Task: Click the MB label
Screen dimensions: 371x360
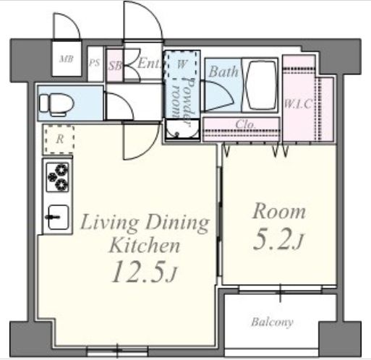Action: tap(67, 59)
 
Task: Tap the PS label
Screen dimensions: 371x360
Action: tap(94, 63)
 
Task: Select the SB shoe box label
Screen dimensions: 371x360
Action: tap(114, 66)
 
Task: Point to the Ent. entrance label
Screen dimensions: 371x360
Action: tap(149, 64)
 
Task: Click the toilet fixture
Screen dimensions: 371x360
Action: tap(57, 105)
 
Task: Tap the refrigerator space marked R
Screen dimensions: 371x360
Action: tap(59, 139)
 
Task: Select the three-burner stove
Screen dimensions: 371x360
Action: tap(57, 177)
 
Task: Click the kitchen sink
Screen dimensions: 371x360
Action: tap(58, 217)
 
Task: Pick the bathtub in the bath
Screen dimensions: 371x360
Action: tap(260, 85)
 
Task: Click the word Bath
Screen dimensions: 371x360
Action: tap(223, 72)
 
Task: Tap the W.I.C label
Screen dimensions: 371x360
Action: tap(299, 104)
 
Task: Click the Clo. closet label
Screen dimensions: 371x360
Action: tap(245, 124)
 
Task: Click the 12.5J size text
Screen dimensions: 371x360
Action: tap(144, 272)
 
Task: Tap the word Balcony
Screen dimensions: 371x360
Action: tap(272, 322)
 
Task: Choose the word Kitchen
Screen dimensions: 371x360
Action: tap(145, 245)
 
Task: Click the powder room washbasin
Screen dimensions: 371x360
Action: tap(182, 129)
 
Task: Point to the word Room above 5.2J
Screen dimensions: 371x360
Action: tap(279, 212)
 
